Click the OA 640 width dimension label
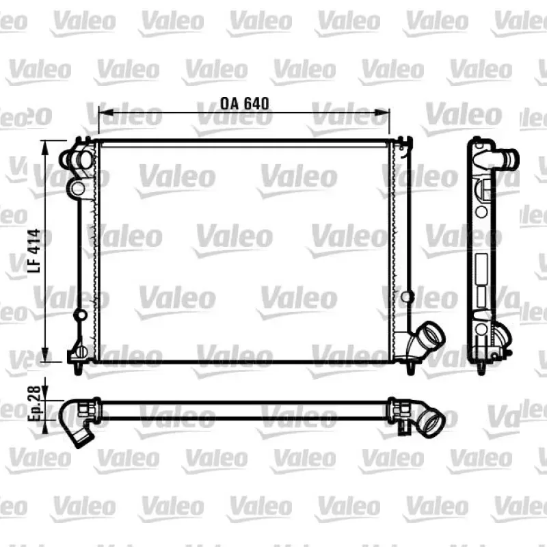[245, 103]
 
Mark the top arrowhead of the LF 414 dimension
[44, 148]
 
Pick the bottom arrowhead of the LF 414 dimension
[44, 354]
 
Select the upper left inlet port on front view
[75, 159]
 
